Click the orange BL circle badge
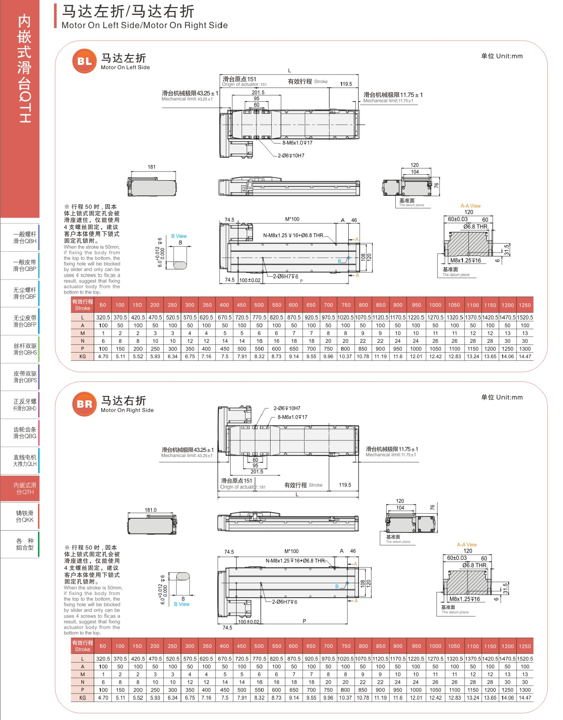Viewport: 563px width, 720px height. tap(84, 61)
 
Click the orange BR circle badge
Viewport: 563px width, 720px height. tap(84, 404)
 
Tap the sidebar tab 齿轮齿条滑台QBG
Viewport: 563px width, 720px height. tap(25, 433)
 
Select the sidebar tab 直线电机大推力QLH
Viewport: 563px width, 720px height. tap(25, 460)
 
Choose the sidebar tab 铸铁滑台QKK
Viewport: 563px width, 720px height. tap(25, 516)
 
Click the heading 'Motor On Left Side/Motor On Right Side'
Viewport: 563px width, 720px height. tap(145, 25)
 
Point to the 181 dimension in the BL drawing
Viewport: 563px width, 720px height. tap(152, 167)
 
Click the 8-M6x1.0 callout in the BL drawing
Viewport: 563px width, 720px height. tap(298, 143)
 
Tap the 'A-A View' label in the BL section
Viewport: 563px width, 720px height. tap(470, 206)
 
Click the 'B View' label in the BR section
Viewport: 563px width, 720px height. tap(182, 604)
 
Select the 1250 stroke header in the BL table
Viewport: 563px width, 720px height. tap(525, 305)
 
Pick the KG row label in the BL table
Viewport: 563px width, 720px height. tap(82, 356)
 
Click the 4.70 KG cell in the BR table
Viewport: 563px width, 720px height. tap(103, 698)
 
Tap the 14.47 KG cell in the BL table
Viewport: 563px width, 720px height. tap(525, 356)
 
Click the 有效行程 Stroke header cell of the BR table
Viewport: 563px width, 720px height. tap(82, 646)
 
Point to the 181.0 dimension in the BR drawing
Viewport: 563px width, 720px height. tap(151, 510)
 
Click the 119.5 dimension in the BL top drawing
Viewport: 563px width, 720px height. tap(346, 84)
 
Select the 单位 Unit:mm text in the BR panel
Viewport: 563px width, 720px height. tap(502, 397)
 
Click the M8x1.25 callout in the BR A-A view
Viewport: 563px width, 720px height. tap(464, 599)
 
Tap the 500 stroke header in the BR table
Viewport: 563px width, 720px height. tap(259, 646)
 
